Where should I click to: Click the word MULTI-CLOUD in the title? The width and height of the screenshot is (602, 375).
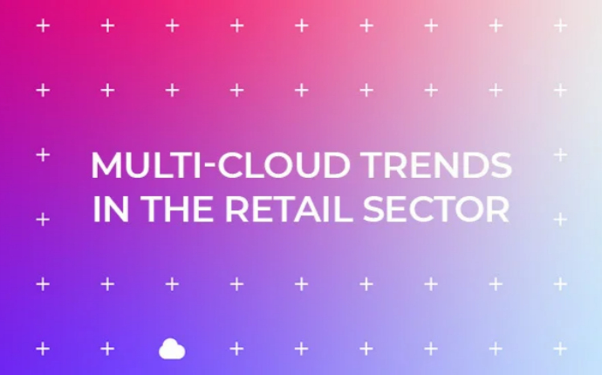221,165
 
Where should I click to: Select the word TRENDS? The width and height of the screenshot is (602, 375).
436,165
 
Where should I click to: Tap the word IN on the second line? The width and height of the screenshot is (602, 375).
111,208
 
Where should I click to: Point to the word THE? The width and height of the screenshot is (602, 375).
178,208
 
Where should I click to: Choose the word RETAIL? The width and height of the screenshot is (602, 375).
288,208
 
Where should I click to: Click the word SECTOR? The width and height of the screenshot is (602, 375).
436,208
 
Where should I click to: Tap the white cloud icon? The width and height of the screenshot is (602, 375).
172,349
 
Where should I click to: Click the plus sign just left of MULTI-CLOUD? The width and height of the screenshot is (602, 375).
43,155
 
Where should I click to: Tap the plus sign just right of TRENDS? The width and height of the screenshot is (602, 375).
560,155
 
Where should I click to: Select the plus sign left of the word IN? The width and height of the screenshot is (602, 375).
43,220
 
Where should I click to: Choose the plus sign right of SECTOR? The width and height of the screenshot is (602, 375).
560,220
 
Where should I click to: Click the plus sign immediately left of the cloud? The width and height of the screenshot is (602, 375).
107,349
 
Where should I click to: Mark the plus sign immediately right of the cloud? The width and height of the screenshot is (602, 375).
237,349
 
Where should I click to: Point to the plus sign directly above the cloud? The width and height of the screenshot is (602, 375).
173,284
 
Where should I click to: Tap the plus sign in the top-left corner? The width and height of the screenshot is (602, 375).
43,25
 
